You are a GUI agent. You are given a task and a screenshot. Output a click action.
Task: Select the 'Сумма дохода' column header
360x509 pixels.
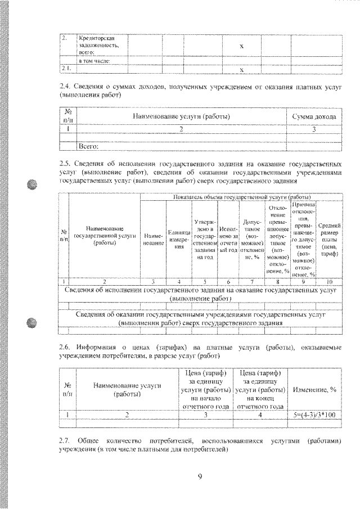pos(314,116)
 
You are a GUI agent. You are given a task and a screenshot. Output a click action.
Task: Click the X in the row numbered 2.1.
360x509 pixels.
pos(241,70)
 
